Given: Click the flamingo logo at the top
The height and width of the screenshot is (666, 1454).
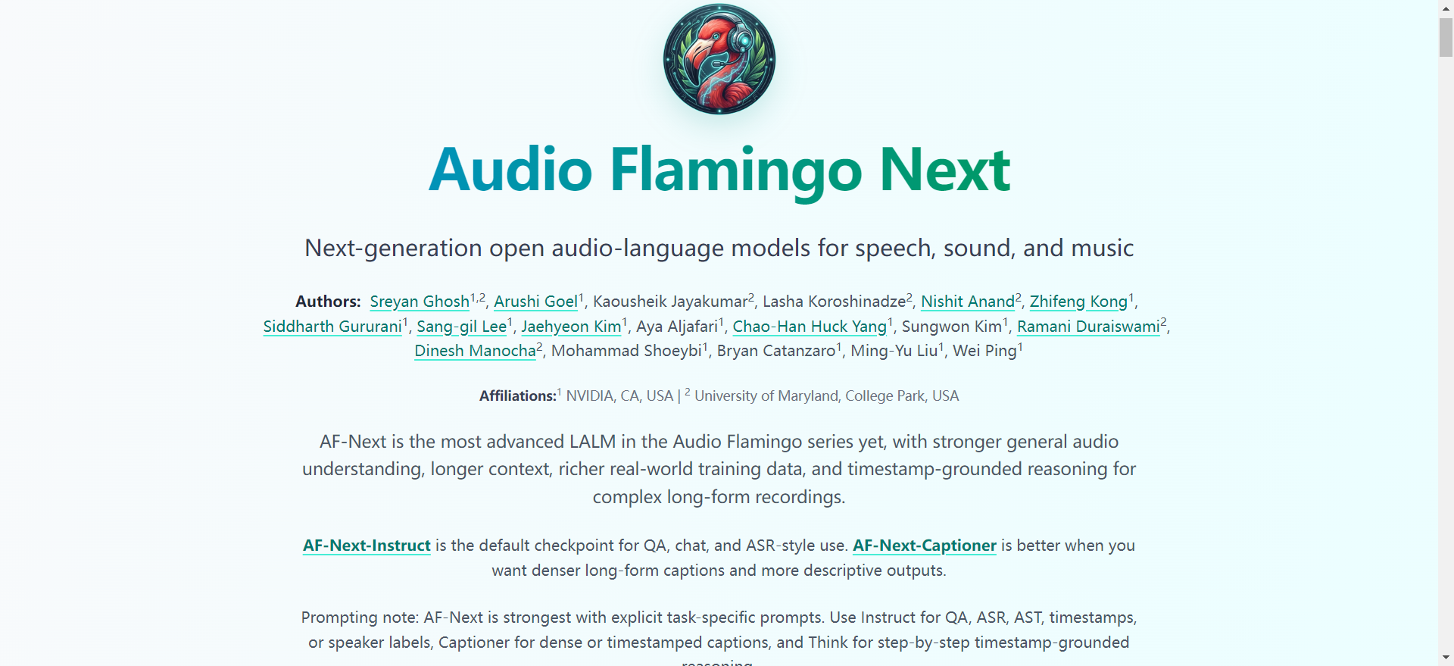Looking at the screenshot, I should tap(719, 59).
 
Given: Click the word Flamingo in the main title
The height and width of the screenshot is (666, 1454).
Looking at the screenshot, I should tap(735, 170).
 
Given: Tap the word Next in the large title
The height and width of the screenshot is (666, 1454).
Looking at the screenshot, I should tap(944, 170).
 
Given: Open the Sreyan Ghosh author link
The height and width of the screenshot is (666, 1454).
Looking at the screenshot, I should tap(420, 302).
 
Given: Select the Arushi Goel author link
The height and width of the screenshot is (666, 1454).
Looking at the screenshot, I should tap(535, 302).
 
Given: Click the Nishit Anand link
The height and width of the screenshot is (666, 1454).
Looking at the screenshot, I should tap(967, 302).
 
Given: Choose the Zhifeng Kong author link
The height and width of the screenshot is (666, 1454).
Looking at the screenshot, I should tap(1078, 302).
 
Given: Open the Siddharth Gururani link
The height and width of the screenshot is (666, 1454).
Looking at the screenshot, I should tap(332, 327).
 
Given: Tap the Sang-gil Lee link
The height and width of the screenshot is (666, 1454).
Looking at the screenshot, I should tap(461, 327).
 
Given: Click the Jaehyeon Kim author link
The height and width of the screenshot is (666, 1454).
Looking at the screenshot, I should tap(571, 327).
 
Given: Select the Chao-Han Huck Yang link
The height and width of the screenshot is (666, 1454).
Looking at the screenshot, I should tap(810, 327).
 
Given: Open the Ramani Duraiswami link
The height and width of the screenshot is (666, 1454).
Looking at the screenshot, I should tap(1087, 327).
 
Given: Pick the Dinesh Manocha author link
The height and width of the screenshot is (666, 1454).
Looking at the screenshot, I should tap(475, 351).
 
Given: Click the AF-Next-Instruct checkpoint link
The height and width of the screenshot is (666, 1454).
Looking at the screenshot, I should tap(367, 546).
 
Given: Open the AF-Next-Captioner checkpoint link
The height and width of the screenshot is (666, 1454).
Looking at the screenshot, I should tap(924, 546).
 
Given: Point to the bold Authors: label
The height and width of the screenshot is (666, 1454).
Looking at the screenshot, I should tap(328, 302).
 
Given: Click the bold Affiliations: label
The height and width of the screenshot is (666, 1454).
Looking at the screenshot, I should tap(517, 396).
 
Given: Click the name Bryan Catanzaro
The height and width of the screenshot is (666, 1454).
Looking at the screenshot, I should tap(775, 351).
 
